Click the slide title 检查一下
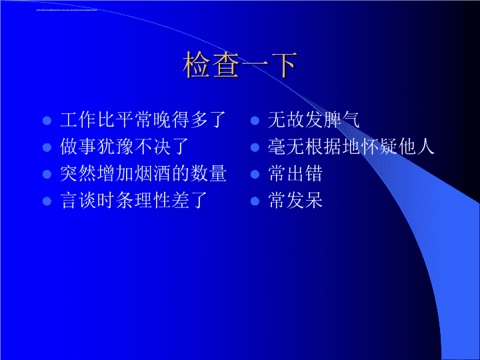tap(240, 65)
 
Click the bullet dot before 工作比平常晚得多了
tap(47, 120)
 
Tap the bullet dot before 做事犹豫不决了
tap(47, 147)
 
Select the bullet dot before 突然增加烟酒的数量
tap(47, 174)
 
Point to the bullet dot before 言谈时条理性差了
tap(47, 201)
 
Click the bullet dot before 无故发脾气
tap(255, 120)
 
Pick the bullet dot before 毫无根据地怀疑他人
tap(255, 147)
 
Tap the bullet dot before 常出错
tap(255, 174)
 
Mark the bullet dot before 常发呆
tap(255, 201)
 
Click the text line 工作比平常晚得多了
tap(143, 120)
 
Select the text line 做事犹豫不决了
tap(124, 147)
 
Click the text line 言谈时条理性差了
tap(134, 201)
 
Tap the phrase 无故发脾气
tap(314, 120)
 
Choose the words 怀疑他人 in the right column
tap(397, 147)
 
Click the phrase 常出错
tap(295, 174)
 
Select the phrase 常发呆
tap(295, 201)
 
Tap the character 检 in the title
tap(197, 65)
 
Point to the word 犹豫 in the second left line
tap(115, 147)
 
